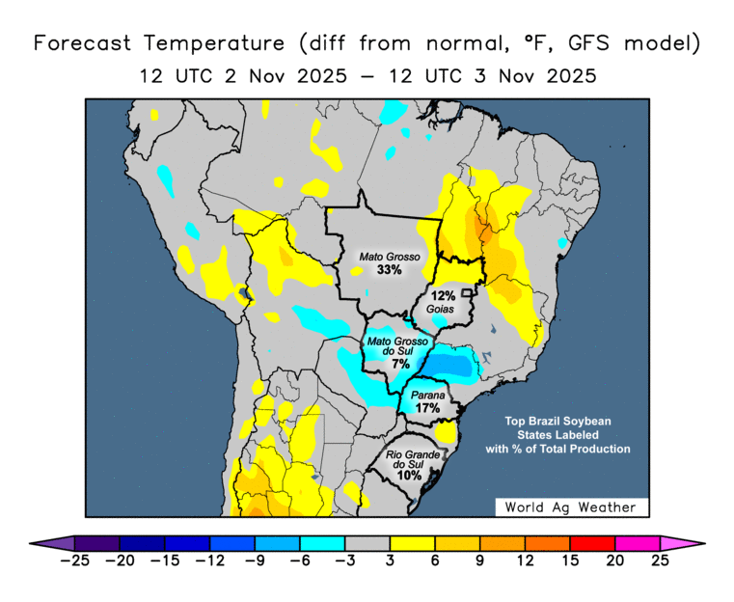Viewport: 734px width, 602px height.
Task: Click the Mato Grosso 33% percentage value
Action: tap(390, 271)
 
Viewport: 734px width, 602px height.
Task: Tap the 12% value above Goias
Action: tap(443, 296)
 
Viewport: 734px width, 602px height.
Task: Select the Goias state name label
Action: tap(442, 310)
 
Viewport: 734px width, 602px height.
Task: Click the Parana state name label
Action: tap(427, 396)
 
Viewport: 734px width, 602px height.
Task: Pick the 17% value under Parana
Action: tap(427, 408)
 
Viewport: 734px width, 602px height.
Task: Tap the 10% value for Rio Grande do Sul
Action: tap(409, 476)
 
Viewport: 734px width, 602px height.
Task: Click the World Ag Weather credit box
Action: tap(571, 506)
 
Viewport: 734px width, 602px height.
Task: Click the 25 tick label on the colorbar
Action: tap(661, 559)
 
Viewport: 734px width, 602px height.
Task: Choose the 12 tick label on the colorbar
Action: tap(526, 559)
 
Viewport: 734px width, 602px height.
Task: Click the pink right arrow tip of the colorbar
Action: tap(684, 542)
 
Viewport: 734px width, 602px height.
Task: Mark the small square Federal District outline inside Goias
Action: tap(468, 292)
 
